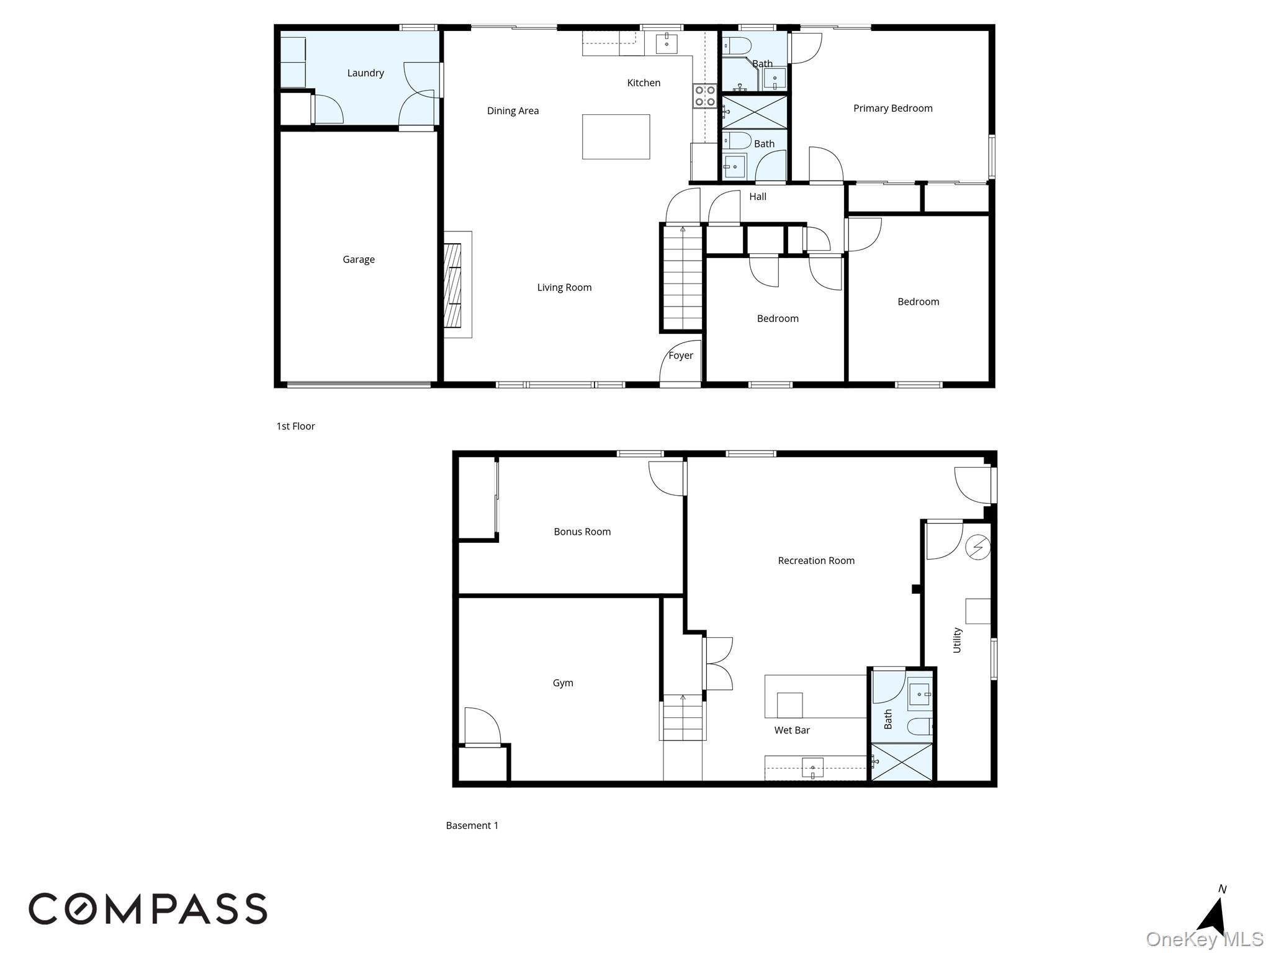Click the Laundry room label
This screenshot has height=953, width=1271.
[x=366, y=73]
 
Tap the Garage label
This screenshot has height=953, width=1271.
[x=359, y=259]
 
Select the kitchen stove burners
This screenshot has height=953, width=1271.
[x=705, y=96]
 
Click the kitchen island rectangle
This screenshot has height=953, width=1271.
[x=616, y=136]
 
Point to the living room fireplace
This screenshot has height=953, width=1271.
[x=457, y=285]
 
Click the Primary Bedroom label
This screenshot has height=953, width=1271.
[x=893, y=109]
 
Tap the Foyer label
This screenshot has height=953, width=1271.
[x=681, y=356]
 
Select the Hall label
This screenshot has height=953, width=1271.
[x=758, y=197]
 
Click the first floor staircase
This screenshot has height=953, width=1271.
[x=683, y=277]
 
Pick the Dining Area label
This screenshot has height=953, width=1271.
[x=513, y=111]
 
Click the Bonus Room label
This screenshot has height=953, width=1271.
[x=582, y=532]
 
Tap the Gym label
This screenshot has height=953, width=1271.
[x=563, y=683]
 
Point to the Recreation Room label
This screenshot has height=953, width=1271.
[x=816, y=561]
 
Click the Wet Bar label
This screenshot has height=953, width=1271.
[x=792, y=730]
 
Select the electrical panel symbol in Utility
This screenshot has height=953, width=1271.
[x=978, y=547]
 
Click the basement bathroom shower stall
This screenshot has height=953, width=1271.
[x=902, y=761]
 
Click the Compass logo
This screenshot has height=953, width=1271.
[x=148, y=909]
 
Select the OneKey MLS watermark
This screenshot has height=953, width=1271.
[x=1205, y=939]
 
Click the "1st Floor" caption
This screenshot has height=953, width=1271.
[x=295, y=426]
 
